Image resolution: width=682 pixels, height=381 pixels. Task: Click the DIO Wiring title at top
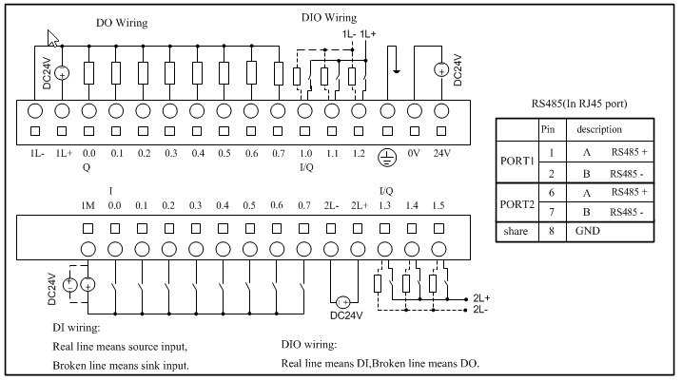(x=328, y=17)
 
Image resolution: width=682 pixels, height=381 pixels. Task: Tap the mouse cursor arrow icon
(x=54, y=37)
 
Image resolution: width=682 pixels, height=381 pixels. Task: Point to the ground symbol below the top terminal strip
(x=387, y=155)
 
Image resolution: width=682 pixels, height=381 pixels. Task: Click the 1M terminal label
(x=87, y=205)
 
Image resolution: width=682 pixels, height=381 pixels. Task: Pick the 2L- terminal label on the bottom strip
(x=332, y=205)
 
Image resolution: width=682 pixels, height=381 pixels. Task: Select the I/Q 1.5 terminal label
(x=439, y=205)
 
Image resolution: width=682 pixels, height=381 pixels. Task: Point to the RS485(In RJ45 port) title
(x=577, y=103)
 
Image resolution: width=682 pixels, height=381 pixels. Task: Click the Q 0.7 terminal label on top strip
(x=278, y=152)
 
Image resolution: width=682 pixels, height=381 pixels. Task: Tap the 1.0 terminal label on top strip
(x=306, y=152)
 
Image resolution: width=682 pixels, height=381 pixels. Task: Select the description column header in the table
(x=605, y=127)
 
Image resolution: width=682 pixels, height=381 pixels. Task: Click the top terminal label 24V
(x=441, y=152)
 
